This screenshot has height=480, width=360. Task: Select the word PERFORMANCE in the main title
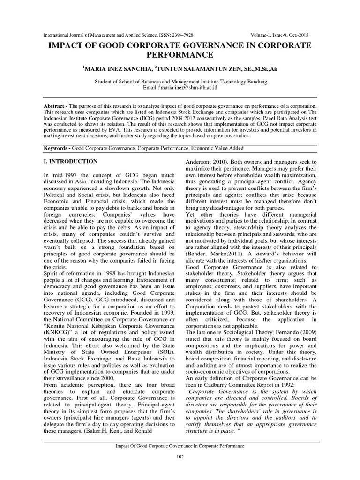pyautogui.click(x=180, y=55)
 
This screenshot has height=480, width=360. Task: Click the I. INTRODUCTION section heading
pyautogui.click(x=70, y=162)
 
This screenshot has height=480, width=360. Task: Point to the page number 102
pyautogui.click(x=180, y=457)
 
